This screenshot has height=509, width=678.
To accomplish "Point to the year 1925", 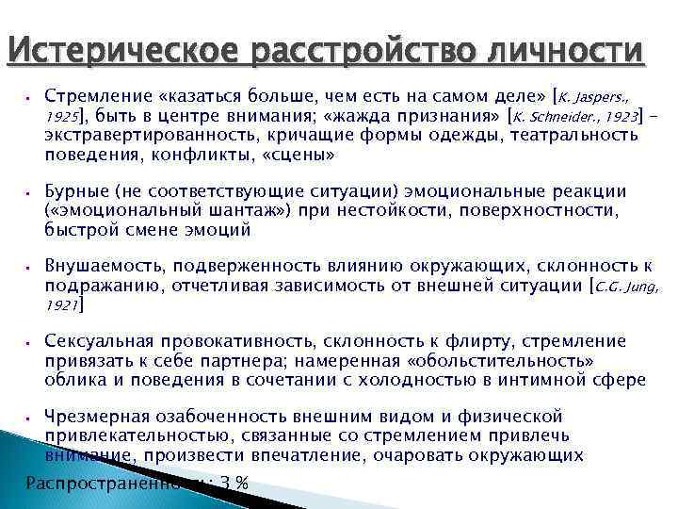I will pyautogui.click(x=62, y=117).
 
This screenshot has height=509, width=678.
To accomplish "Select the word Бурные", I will pyautogui.click(x=74, y=191).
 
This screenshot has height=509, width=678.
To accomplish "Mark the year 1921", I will pyautogui.click(x=62, y=305).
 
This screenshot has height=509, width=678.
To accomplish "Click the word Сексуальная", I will pyautogui.click(x=100, y=341).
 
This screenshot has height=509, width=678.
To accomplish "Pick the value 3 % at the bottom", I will pyautogui.click(x=234, y=483).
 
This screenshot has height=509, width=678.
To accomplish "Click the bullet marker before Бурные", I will pyautogui.click(x=30, y=191).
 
